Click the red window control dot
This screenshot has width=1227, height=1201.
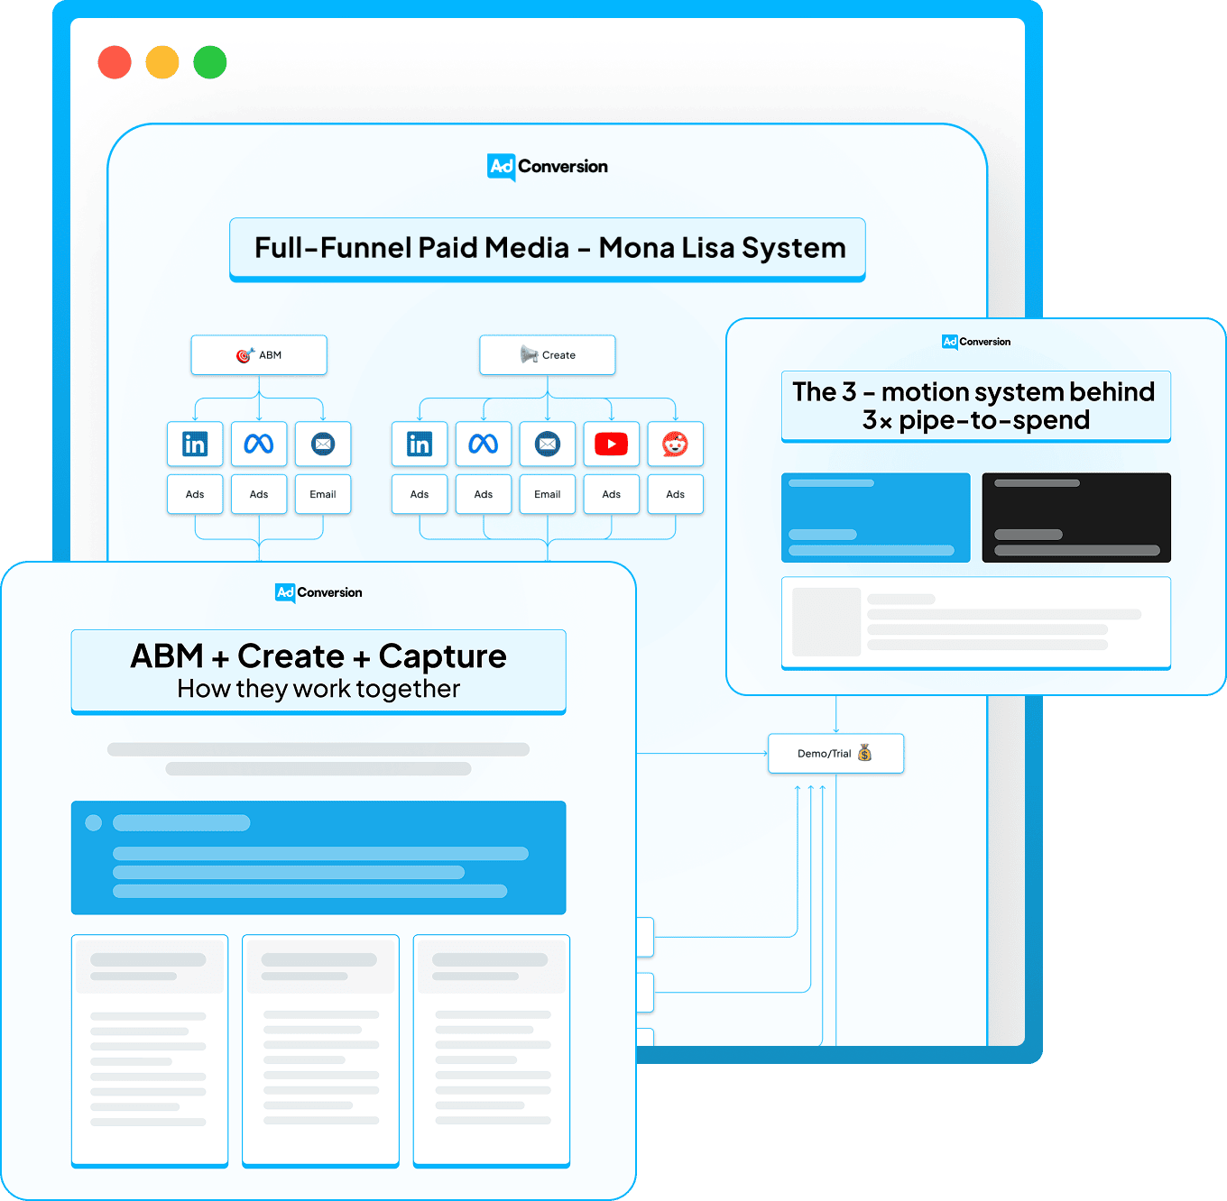[x=115, y=62]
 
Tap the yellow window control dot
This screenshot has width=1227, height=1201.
[x=162, y=62]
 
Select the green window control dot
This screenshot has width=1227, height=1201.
[x=210, y=62]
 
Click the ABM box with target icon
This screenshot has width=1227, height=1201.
[x=259, y=355]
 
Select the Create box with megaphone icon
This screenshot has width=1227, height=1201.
[x=548, y=355]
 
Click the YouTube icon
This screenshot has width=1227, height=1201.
[x=612, y=444]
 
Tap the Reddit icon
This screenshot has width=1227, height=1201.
[x=675, y=444]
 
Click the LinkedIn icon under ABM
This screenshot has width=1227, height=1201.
[x=195, y=444]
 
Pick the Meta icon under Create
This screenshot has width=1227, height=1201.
[x=484, y=444]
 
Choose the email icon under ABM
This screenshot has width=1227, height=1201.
[x=323, y=444]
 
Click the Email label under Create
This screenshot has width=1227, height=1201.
[x=548, y=494]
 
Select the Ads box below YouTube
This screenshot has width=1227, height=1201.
[x=612, y=494]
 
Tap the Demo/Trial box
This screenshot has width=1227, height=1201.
[x=836, y=754]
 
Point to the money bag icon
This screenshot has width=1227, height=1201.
[x=864, y=753]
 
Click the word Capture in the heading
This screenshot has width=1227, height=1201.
[x=443, y=656]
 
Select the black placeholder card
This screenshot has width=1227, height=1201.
[x=1076, y=518]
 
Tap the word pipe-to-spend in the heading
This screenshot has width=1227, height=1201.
[x=994, y=421]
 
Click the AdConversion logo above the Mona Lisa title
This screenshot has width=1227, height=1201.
[x=548, y=167]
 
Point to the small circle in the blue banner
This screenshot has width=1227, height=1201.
[x=94, y=823]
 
